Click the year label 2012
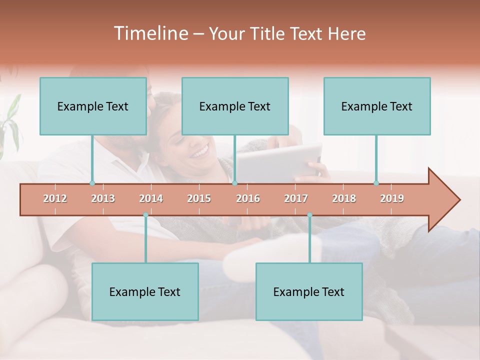55,198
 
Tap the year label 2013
103,198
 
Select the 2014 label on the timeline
151,198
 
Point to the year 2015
199,198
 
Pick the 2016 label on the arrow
248,198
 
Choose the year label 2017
296,198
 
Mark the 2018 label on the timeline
344,198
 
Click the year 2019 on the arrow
392,198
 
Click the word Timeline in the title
149,33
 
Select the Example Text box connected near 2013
93,106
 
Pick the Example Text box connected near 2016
235,106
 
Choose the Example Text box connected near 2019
377,106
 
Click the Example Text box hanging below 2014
145,291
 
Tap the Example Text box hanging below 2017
309,291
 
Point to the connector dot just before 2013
92,183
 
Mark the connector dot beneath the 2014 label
145,215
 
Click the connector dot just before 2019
376,183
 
